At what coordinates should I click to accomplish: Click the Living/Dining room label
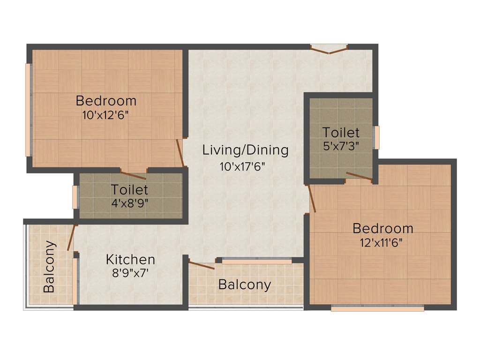click(245, 150)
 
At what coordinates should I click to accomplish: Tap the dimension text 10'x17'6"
click(245, 166)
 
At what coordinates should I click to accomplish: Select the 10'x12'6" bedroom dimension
click(105, 115)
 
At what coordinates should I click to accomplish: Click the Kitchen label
click(130, 259)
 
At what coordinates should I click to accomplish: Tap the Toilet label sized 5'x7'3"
click(341, 132)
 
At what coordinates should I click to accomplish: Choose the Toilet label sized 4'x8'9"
click(129, 190)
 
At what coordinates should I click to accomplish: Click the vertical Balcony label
click(49, 267)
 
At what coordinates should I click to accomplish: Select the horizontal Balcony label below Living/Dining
click(245, 285)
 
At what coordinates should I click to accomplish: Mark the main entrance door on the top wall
click(329, 49)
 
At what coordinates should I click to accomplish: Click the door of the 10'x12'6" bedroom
click(180, 152)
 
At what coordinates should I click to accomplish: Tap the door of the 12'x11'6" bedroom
click(311, 198)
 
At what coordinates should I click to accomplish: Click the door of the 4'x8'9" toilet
click(134, 175)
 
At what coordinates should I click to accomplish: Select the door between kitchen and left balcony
click(71, 238)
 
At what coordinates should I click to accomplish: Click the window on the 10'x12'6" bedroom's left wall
click(29, 110)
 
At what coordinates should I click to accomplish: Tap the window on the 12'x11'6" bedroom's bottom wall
click(377, 308)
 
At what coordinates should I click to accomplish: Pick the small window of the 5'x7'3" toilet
click(376, 137)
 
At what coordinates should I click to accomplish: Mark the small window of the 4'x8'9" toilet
click(75, 197)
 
